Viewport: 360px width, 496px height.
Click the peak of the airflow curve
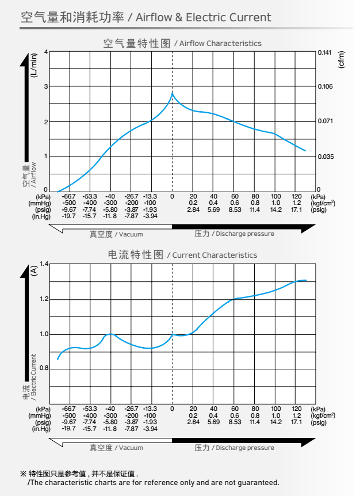172,93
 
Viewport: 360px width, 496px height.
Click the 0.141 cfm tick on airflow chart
325,52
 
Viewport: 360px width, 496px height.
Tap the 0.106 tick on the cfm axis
325,87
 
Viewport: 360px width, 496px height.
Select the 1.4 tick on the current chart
44,264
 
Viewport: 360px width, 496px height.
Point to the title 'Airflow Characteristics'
220,44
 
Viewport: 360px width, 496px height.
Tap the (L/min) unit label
34,63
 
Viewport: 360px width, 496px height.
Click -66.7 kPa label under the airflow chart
69,196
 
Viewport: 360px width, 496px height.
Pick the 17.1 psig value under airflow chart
297,210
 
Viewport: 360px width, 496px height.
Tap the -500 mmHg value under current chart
69,415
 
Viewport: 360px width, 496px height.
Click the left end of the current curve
58,360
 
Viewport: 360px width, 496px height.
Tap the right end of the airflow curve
305,151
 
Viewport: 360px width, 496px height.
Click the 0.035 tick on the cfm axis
325,157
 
